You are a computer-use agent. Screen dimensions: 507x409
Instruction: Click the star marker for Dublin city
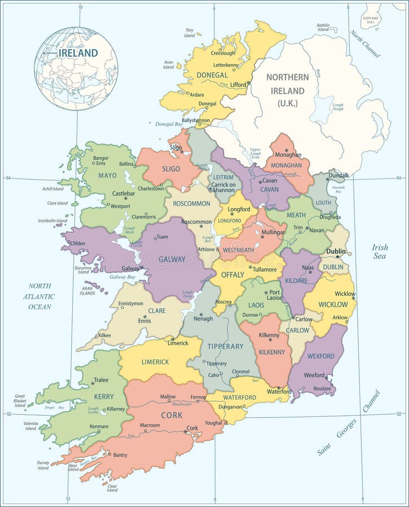(346, 257)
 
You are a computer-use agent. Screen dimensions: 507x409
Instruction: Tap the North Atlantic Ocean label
(40, 296)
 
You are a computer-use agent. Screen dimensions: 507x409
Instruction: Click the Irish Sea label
(380, 251)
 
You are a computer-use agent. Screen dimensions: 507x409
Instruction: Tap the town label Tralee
(100, 380)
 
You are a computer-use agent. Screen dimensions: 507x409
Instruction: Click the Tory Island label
(190, 33)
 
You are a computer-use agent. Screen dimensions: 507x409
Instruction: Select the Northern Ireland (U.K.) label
(288, 90)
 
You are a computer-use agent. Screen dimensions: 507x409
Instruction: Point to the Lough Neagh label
(338, 107)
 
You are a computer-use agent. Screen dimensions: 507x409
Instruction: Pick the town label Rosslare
(322, 389)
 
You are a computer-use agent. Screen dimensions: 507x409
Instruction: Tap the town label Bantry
(120, 455)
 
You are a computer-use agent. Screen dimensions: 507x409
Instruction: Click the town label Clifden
(78, 243)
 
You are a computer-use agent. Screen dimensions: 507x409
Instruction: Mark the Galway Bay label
(122, 277)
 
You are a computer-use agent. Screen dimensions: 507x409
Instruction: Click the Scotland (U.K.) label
(371, 20)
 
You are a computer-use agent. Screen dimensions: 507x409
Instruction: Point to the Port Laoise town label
(274, 295)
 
